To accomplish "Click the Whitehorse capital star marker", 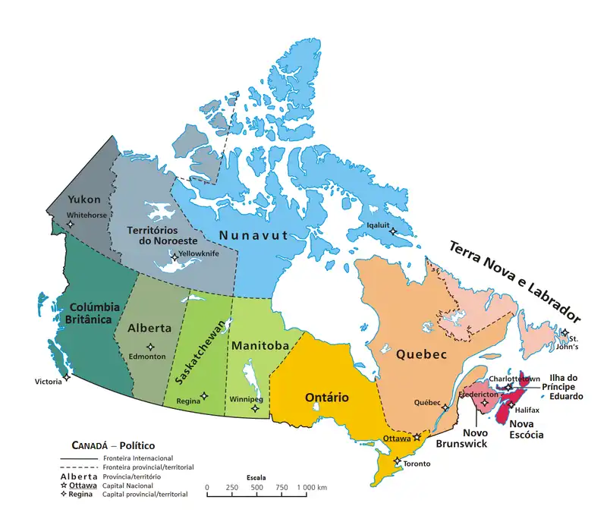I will pyautogui.click(x=71, y=225).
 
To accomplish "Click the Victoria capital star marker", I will pyautogui.click(x=67, y=376).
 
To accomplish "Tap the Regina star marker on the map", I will pyautogui.click(x=203, y=395).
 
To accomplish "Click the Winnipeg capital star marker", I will pyautogui.click(x=255, y=408).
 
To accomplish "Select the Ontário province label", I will pyautogui.click(x=326, y=398).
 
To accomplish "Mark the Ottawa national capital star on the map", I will pyautogui.click(x=417, y=437).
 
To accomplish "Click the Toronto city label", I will pyautogui.click(x=417, y=464).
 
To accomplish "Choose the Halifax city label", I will pyautogui.click(x=527, y=410).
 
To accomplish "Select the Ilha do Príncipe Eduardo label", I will pyautogui.click(x=562, y=387).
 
